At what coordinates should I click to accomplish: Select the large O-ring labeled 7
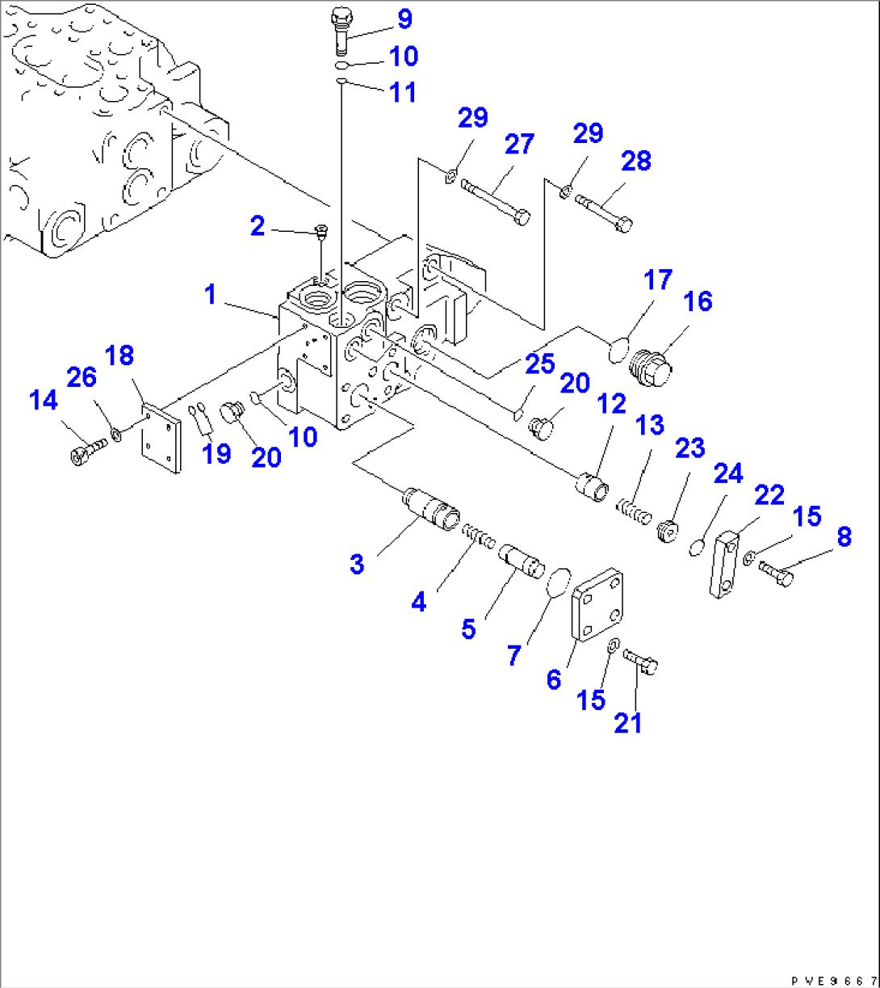(557, 582)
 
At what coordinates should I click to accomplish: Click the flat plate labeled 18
(161, 439)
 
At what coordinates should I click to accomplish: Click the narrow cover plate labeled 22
(725, 563)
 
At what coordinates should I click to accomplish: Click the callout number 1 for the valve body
(211, 296)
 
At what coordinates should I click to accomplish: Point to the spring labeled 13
(634, 511)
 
